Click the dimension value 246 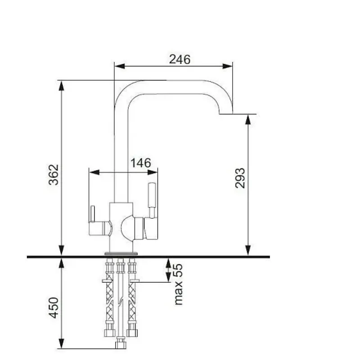[180, 59]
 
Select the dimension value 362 [54, 175]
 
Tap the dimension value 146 [141, 163]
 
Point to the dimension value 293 [240, 178]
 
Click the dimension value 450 [54, 308]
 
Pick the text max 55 [178, 284]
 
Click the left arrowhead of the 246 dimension [119, 66]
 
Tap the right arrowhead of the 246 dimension [228, 66]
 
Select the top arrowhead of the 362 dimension [61, 86]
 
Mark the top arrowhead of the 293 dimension [248, 119]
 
